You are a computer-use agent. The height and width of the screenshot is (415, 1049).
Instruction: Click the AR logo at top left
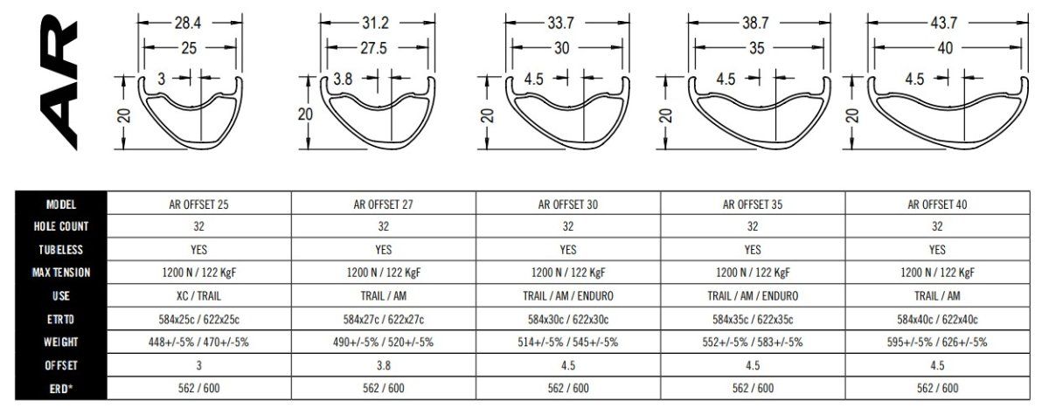tap(59, 82)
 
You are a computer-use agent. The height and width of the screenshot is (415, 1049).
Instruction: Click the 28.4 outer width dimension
tap(188, 23)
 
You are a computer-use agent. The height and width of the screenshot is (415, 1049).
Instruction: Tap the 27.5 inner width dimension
tap(373, 48)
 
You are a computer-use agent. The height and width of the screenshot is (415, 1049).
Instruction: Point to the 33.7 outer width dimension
tap(560, 23)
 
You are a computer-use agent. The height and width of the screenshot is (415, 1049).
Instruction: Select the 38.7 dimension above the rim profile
tap(755, 23)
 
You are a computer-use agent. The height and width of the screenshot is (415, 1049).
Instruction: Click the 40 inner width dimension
tap(945, 48)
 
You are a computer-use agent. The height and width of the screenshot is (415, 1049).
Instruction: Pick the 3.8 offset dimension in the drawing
tap(343, 79)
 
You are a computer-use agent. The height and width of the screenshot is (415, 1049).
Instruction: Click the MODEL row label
tap(61, 204)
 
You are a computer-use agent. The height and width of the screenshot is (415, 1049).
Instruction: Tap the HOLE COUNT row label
tap(61, 226)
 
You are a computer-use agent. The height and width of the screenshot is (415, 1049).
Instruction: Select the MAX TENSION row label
tap(61, 273)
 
